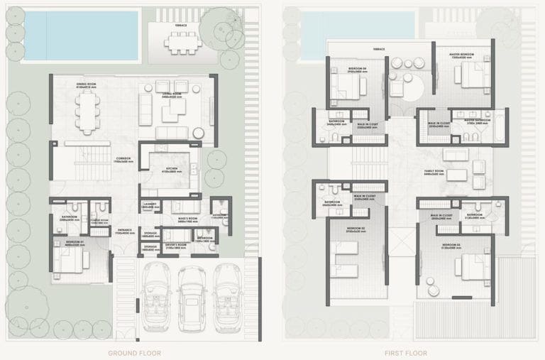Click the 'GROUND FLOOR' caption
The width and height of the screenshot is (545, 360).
[x=134, y=353]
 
